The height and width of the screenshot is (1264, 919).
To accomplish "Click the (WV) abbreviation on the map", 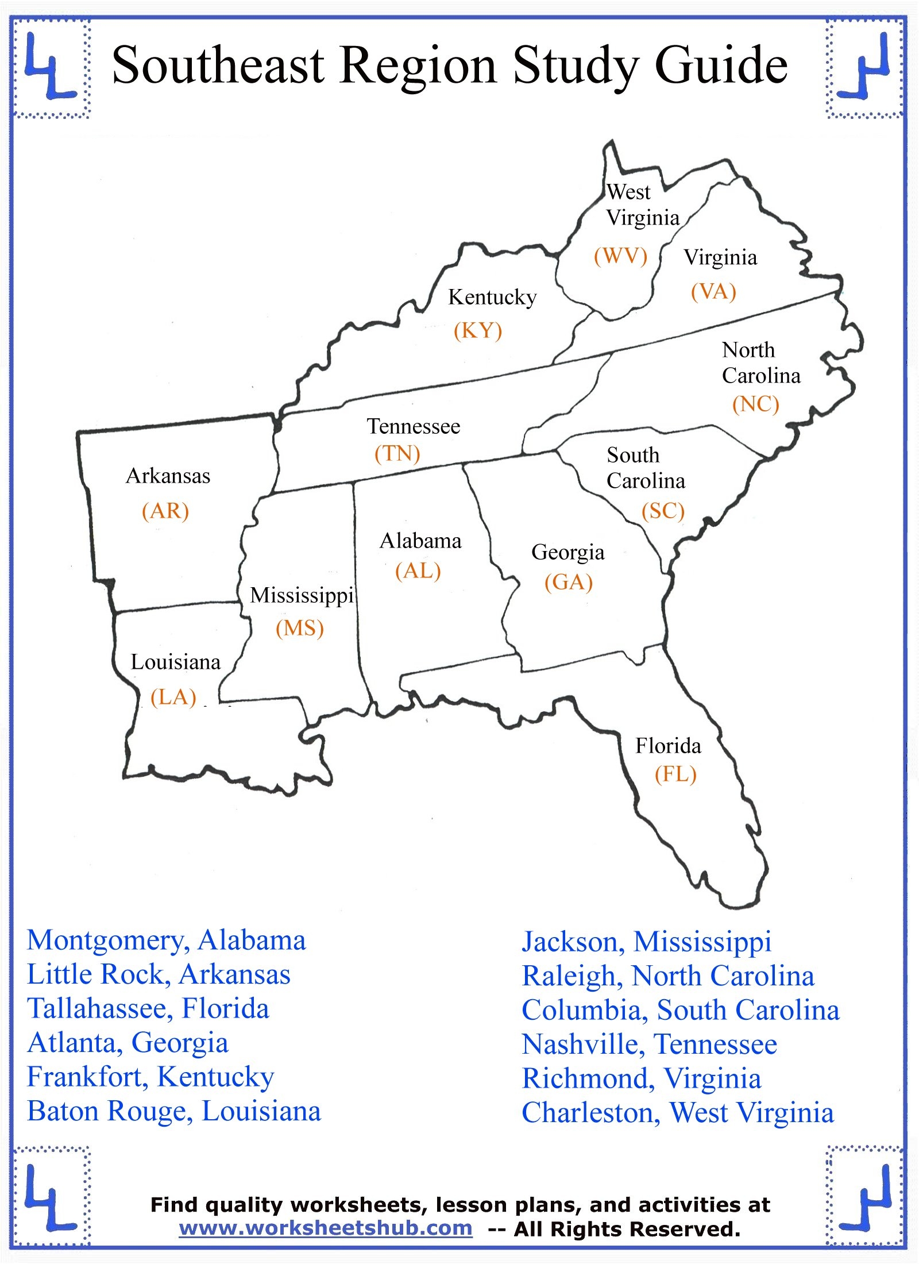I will pyautogui.click(x=620, y=256).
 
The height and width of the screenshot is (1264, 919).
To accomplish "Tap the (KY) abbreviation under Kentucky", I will pyautogui.click(x=478, y=330).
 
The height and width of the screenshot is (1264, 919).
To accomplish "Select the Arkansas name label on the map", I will pyautogui.click(x=168, y=476).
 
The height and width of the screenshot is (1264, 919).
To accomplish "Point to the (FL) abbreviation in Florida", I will pyautogui.click(x=675, y=774).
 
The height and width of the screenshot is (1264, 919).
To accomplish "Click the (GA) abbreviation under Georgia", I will pyautogui.click(x=568, y=582).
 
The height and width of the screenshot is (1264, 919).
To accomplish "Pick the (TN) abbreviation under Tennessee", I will pyautogui.click(x=397, y=454).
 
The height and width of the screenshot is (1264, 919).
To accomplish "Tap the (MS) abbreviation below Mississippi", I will pyautogui.click(x=300, y=628).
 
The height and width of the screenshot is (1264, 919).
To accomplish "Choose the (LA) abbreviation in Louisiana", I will pyautogui.click(x=173, y=697).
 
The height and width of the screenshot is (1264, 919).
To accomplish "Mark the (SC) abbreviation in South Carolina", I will pyautogui.click(x=663, y=510).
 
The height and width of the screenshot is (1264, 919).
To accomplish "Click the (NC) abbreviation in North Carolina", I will pyautogui.click(x=755, y=404).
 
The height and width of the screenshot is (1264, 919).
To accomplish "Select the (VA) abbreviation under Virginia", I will pyautogui.click(x=713, y=291).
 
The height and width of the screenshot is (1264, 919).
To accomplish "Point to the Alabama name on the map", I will pyautogui.click(x=420, y=541).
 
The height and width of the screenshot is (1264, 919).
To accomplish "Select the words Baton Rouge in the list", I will pyautogui.click(x=108, y=1112).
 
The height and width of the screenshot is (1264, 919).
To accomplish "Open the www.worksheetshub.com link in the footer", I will pyautogui.click(x=326, y=1228).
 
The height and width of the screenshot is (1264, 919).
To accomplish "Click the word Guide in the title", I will pyautogui.click(x=721, y=65).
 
